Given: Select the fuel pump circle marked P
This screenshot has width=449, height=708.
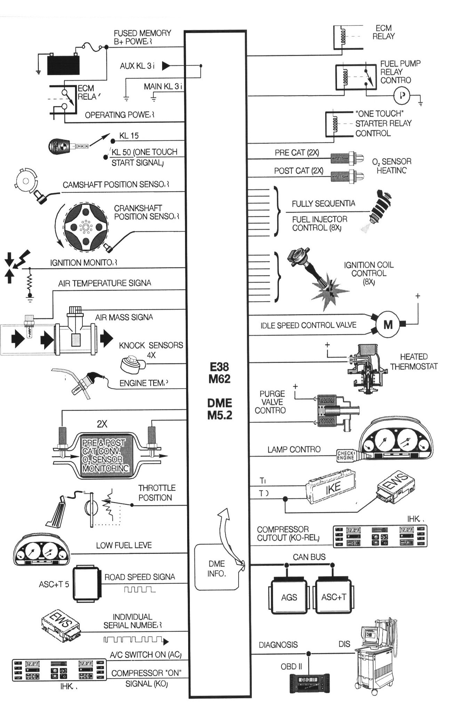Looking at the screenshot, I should point(402,95).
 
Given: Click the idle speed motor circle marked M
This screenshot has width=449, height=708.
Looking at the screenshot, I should point(388,325).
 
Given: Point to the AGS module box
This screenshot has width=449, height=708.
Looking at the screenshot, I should point(289,597).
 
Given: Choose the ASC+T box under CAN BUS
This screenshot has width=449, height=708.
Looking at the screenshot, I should point(334,597).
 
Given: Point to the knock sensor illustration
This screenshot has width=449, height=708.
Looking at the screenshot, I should point(132,364).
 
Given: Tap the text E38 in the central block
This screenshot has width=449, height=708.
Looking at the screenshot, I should point(219,367).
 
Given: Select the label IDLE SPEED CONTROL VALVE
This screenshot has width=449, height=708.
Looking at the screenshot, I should point(308,325).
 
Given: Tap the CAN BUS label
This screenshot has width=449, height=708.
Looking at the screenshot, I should point(309,557).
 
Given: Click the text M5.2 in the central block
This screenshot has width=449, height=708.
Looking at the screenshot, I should point(219,415).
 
